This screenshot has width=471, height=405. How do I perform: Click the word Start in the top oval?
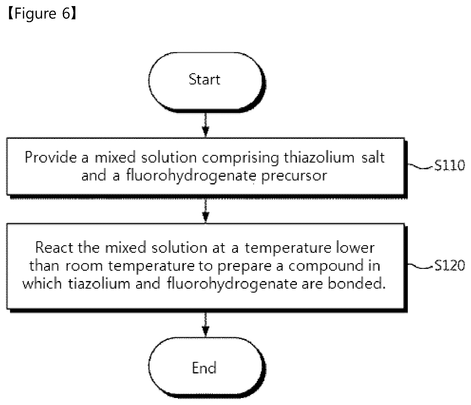click(x=205, y=80)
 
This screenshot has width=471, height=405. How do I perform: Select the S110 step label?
click(x=449, y=165)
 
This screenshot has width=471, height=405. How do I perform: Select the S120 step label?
click(x=449, y=266)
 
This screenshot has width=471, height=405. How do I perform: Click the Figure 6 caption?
click(x=42, y=13)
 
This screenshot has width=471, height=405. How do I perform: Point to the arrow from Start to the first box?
click(x=205, y=125)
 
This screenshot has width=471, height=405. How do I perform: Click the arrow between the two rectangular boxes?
click(x=205, y=211)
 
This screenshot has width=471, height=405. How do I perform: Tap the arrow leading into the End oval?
click(x=205, y=325)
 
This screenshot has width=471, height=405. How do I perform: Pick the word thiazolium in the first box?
click(x=319, y=158)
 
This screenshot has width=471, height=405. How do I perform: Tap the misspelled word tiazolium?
click(x=99, y=284)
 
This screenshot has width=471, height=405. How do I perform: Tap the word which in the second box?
click(x=42, y=284)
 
